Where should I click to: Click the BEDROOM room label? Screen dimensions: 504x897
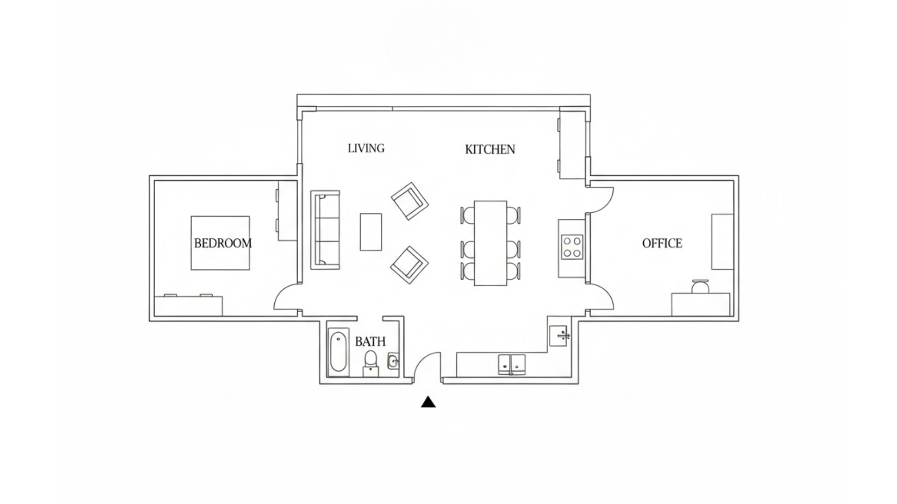pos(222,243)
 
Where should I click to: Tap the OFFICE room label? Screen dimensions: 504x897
pos(662,243)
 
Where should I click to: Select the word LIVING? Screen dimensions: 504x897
pos(366,148)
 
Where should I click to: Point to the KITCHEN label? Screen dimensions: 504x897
pos(490,149)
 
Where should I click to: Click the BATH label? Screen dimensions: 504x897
pos(370,342)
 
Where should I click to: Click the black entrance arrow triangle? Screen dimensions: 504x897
pos(428,402)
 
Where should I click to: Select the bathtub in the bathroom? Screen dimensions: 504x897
pos(338,353)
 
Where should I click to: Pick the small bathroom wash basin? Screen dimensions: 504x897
pos(393,361)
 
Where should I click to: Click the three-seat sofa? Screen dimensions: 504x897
pos(326,230)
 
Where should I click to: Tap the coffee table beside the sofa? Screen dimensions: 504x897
pos(370,232)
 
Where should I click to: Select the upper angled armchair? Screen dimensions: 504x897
pos(410,201)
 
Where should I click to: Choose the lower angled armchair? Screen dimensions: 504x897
pos(409,265)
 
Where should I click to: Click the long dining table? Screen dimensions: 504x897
pos(490,243)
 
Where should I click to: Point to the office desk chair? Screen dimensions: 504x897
pos(700,286)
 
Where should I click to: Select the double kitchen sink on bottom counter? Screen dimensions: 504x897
pos(512,364)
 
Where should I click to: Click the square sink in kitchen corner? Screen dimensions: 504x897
pos(558,336)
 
